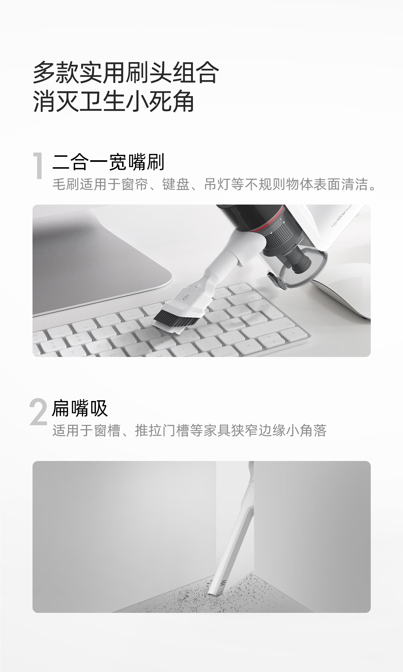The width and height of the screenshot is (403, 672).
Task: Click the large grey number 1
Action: point(38,165)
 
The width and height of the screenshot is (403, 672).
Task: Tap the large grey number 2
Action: point(38,412)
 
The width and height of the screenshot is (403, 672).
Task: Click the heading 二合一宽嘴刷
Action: point(108,162)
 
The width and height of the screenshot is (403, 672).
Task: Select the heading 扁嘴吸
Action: point(80,408)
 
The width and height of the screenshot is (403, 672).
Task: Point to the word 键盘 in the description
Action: point(176,184)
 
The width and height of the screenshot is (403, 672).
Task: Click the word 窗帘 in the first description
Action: point(134,184)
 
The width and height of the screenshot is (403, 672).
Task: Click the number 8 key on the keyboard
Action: point(129,328)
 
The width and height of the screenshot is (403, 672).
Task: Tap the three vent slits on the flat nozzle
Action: point(223,583)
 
